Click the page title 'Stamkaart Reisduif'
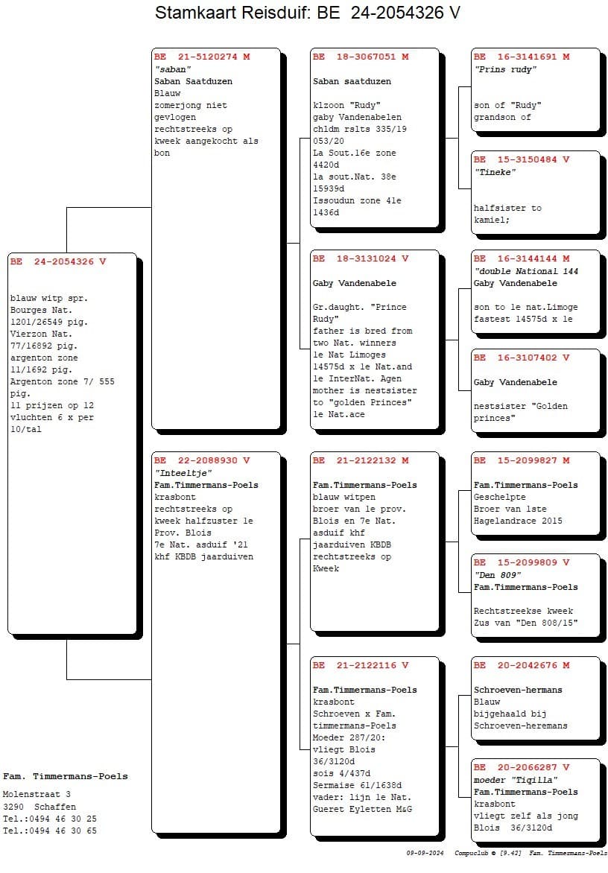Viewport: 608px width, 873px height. click(x=231, y=12)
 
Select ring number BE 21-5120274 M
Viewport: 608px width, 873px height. click(x=202, y=57)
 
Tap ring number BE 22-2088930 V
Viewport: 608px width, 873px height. click(x=202, y=460)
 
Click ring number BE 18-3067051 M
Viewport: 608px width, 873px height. click(x=361, y=57)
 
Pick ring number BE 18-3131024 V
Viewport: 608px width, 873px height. click(x=361, y=259)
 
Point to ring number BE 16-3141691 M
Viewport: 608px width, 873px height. click(x=522, y=57)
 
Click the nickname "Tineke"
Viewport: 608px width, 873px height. click(x=495, y=172)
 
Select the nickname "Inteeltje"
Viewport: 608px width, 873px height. click(x=183, y=473)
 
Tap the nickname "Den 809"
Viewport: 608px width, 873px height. click(x=498, y=574)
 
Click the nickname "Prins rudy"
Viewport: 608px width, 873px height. click(x=506, y=69)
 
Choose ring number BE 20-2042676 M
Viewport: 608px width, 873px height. click(x=522, y=665)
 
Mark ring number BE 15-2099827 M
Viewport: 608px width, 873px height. click(x=522, y=460)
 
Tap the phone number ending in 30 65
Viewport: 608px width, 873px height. click(x=50, y=831)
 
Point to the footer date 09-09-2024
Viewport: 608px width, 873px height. click(x=425, y=853)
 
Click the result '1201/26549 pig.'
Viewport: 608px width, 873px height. click(x=49, y=323)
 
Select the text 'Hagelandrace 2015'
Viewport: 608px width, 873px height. click(x=518, y=521)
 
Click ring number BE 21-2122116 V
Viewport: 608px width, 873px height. click(x=361, y=665)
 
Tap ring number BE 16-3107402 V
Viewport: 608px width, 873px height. click(x=522, y=358)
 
